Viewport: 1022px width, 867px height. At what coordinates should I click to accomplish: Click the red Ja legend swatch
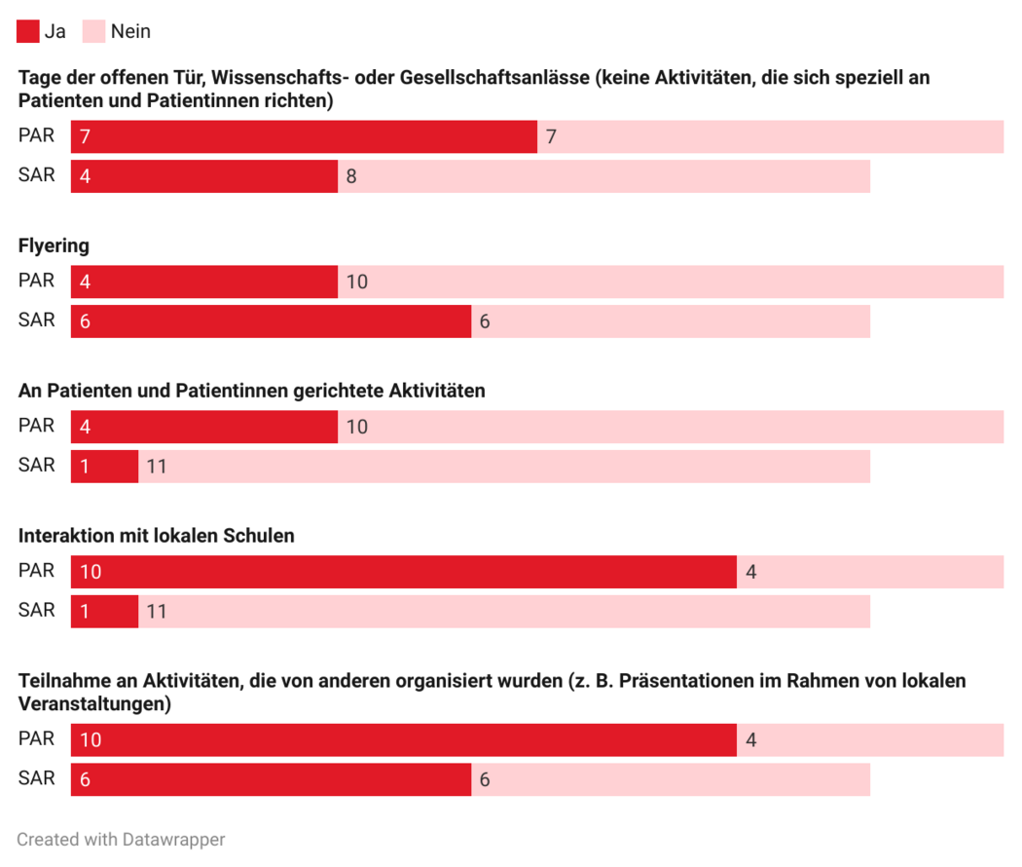tap(28, 31)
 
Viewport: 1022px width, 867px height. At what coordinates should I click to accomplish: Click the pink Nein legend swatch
tap(93, 31)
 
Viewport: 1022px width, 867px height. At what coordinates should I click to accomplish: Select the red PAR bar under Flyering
tap(204, 282)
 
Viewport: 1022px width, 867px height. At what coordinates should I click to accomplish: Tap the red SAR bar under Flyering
tap(271, 320)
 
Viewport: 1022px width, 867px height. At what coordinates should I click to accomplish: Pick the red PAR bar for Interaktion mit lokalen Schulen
tap(404, 572)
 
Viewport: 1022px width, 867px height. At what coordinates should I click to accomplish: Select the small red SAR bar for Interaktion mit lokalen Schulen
tap(104, 611)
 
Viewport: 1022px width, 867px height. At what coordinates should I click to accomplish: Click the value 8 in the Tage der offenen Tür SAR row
tap(351, 176)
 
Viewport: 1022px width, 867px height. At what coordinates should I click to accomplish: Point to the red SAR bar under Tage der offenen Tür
tap(204, 176)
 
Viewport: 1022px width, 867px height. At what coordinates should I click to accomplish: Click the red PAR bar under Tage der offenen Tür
tap(304, 137)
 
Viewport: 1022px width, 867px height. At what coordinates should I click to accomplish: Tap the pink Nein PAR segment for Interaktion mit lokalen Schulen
tap(870, 572)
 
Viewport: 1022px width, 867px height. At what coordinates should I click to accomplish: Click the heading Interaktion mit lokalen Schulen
tap(157, 536)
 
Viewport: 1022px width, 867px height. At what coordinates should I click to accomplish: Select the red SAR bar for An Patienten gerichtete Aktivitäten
tap(104, 466)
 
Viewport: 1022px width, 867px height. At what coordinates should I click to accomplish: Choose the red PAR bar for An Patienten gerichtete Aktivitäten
tap(204, 427)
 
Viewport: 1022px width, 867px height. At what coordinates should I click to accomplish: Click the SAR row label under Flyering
tap(37, 320)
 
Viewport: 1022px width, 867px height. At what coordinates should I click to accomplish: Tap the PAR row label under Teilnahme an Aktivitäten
tap(37, 738)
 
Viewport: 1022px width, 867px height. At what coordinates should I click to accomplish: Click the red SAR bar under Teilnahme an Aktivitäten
tap(271, 779)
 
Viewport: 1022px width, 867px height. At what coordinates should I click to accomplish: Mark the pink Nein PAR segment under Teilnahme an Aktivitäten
tap(870, 740)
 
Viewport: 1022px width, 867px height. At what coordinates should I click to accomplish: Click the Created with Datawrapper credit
tap(121, 839)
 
